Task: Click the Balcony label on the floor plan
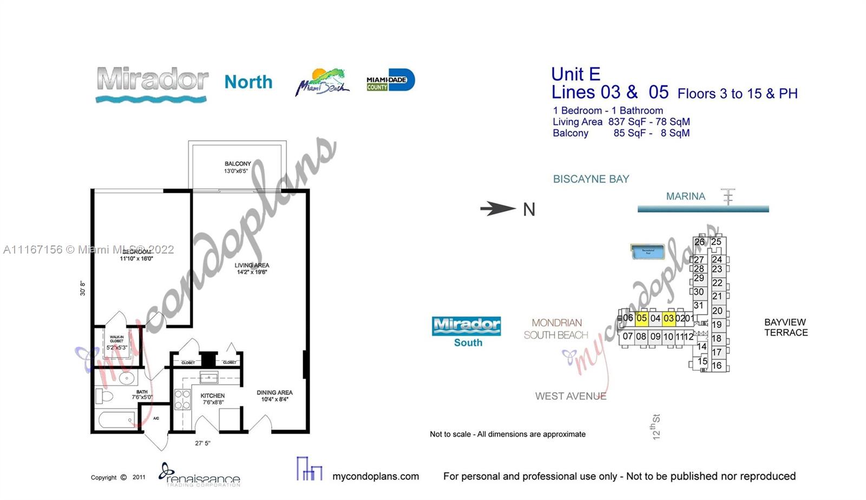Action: pos(238,167)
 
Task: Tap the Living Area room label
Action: pos(252,269)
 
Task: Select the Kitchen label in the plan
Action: pos(213,399)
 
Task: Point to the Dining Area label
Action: pos(274,396)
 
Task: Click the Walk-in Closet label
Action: pos(117,342)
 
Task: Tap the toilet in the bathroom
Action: pos(105,396)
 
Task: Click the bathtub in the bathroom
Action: pos(116,420)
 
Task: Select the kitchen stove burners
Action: pos(182,399)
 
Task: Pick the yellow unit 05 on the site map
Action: pos(641,318)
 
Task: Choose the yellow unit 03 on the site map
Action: pos(669,318)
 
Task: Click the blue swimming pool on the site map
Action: pos(647,251)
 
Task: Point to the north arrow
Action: pos(498,209)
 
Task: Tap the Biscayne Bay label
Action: pos(591,179)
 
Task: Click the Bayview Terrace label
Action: pos(785,327)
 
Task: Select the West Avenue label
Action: pos(570,396)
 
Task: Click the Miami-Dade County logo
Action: pos(390,81)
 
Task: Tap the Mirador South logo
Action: pos(467,331)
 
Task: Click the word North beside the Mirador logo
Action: pos(248,82)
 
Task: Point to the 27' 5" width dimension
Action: pos(202,443)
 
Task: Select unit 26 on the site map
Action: pos(699,242)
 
